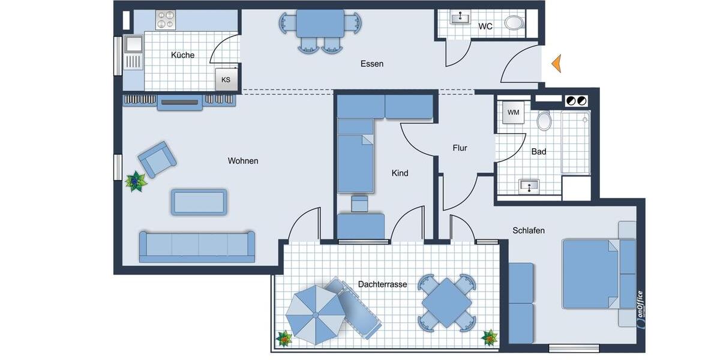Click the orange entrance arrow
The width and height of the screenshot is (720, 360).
click(556, 63)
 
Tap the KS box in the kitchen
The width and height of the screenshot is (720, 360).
click(226, 79)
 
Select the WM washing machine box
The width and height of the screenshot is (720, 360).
click(513, 112)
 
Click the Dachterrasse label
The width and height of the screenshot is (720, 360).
click(382, 284)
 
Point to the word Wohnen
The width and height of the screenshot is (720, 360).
click(243, 161)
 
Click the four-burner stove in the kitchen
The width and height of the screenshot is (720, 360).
click(165, 20)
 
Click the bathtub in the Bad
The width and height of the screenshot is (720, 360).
click(575, 142)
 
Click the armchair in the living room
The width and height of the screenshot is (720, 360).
click(157, 159)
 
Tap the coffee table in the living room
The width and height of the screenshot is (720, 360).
click(199, 202)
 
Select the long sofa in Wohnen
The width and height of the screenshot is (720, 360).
click(197, 246)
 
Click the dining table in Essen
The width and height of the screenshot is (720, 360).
click(320, 23)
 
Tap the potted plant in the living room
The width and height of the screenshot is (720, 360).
click(136, 181)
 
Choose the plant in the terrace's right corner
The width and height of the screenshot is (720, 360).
click(490, 338)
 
